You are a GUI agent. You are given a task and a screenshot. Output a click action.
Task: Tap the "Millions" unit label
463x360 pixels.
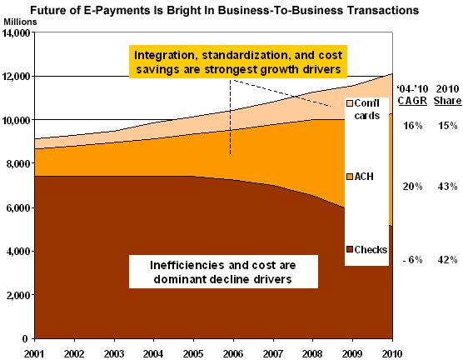pos(20,22)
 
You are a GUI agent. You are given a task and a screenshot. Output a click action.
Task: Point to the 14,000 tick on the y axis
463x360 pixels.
pos(17,32)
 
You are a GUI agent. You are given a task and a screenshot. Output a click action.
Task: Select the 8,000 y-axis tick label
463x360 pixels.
pos(18,163)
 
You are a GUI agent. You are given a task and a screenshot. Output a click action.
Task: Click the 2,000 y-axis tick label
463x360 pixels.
pos(18,295)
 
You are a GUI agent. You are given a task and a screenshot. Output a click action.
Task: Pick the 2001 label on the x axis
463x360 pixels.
pos(34,353)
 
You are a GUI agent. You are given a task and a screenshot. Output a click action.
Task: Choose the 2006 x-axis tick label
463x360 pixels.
pos(233,353)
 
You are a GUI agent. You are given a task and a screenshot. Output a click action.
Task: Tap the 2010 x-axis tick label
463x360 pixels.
pos(392,353)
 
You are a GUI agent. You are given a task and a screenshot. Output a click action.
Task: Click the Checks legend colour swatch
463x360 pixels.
pos(350,249)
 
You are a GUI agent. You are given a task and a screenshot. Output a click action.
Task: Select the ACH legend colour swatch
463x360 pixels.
pos(350,177)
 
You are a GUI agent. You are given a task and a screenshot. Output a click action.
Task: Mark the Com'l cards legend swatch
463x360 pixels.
pos(350,103)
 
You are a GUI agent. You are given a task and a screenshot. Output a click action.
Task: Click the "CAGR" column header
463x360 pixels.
pos(412,101)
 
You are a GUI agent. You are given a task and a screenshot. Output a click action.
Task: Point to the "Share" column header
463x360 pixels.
pos(447,101)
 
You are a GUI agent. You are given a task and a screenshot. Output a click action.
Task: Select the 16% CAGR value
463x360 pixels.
pos(413,126)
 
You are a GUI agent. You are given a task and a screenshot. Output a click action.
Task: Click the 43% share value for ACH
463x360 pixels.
pos(448,187)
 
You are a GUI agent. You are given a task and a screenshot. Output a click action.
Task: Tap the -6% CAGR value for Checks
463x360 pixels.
pos(412,260)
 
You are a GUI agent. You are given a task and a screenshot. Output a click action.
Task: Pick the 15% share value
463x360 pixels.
pos(448,126)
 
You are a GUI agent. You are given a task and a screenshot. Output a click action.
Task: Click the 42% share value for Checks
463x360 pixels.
pos(448,260)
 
